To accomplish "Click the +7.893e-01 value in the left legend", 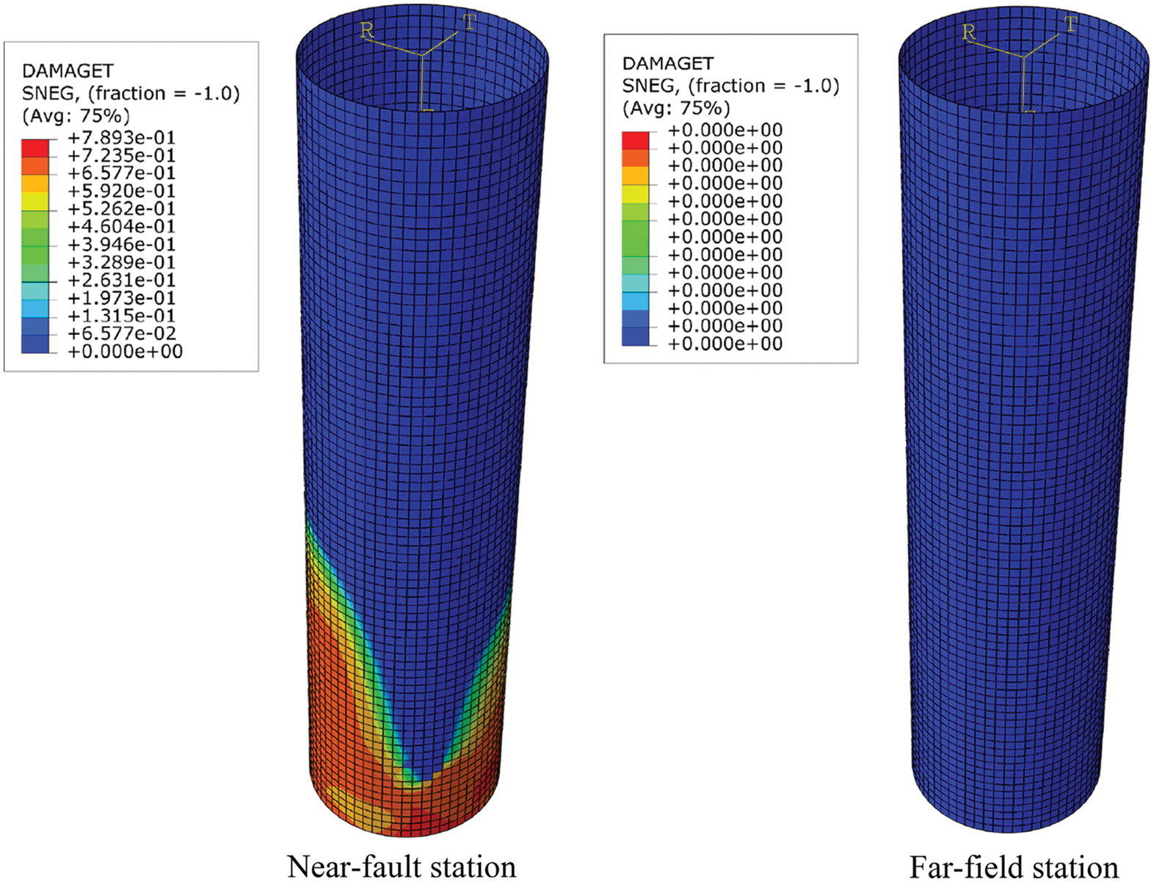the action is pos(122,138).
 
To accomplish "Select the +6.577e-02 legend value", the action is pos(122,333).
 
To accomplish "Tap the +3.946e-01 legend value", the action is pos(122,245).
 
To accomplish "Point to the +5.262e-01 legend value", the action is pos(122,209).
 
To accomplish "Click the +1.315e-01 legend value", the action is pos(122,316).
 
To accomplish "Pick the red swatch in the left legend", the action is pos(35,148).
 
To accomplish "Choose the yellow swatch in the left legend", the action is pos(35,201).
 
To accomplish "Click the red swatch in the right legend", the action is pos(635,140).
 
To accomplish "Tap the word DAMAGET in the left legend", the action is pos(68,71).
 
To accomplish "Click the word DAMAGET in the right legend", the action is pos(668,63).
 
